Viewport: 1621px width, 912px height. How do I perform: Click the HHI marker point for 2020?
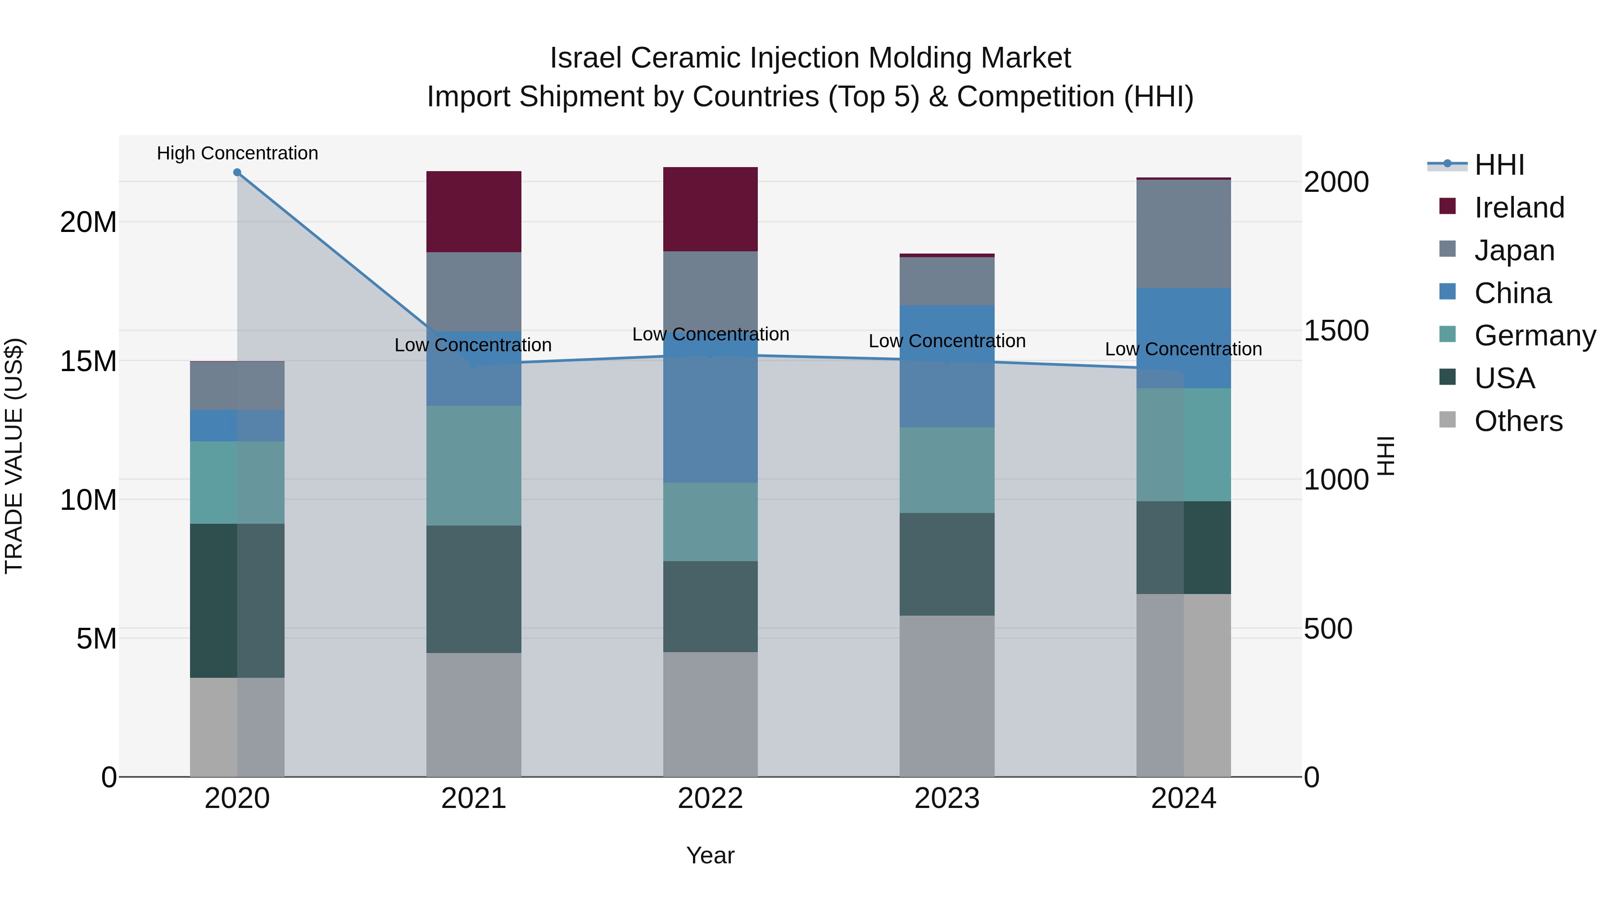coord(237,172)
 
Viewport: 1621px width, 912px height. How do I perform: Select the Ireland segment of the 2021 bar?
coord(473,212)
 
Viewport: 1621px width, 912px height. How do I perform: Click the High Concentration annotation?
coord(237,153)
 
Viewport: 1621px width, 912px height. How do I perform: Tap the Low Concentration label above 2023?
coord(946,341)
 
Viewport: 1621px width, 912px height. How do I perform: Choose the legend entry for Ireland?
coord(1518,208)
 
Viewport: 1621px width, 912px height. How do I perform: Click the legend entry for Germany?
coord(1534,336)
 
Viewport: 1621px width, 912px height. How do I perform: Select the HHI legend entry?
coord(1499,165)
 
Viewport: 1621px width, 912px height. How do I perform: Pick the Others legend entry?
coord(1518,421)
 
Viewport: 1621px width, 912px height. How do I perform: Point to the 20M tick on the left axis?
coord(88,222)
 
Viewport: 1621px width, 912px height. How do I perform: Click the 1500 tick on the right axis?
coord(1336,331)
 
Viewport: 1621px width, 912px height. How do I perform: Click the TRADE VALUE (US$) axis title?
coord(14,456)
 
